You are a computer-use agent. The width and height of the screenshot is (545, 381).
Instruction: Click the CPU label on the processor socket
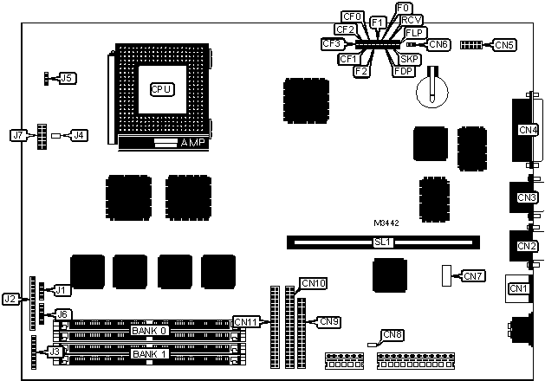click(162, 88)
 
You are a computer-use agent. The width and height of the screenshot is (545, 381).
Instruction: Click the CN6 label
click(438, 43)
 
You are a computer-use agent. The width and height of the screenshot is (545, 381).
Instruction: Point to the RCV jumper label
click(412, 19)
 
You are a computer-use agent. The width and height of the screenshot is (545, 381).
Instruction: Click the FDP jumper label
click(403, 70)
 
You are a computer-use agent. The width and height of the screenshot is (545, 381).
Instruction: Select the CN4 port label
click(528, 130)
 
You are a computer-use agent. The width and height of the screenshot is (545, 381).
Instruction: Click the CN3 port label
click(527, 197)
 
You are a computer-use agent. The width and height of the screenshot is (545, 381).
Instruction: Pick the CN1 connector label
click(518, 288)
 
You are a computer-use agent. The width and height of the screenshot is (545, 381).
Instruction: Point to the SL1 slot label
click(382, 243)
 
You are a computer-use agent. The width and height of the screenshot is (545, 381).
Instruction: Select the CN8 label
click(393, 335)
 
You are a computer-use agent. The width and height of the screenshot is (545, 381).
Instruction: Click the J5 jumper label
click(67, 78)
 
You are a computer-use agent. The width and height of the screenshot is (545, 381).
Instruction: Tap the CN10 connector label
click(313, 283)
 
